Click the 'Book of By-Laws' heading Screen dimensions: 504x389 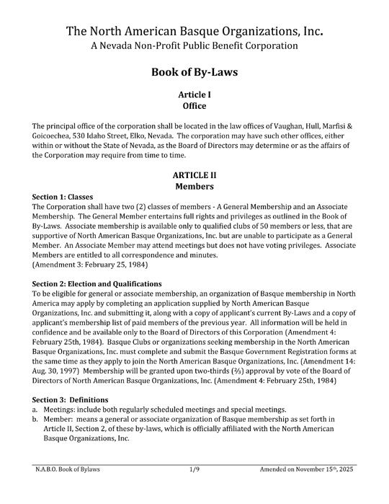tap(194, 73)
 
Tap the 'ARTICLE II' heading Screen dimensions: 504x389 tap(194, 174)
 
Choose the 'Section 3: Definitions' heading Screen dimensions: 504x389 tap(71, 399)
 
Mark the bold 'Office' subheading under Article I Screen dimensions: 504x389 tap(194, 106)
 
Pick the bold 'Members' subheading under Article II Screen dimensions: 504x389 tap(194, 186)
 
